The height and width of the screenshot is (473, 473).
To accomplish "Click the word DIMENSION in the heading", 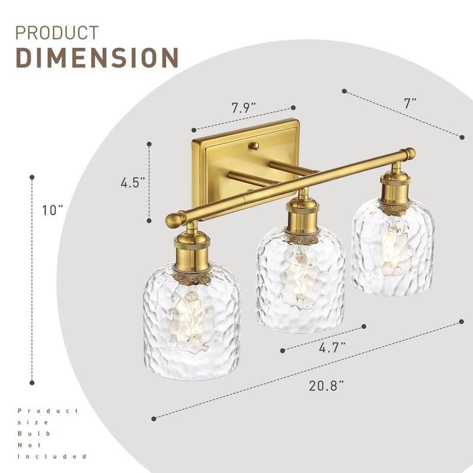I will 96,57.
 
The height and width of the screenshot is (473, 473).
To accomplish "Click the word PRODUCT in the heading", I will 57,32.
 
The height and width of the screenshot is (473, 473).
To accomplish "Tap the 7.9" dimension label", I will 243,108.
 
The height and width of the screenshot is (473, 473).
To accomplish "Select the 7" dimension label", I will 410,102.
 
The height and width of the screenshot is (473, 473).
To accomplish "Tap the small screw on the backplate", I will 254,145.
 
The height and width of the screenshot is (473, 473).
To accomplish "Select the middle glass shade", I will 300,281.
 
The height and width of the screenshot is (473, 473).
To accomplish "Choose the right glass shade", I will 393,247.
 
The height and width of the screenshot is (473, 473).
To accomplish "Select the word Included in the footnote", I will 52,456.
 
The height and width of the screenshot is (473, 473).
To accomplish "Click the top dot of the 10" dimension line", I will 32,176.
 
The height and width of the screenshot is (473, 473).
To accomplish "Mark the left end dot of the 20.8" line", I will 154,418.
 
